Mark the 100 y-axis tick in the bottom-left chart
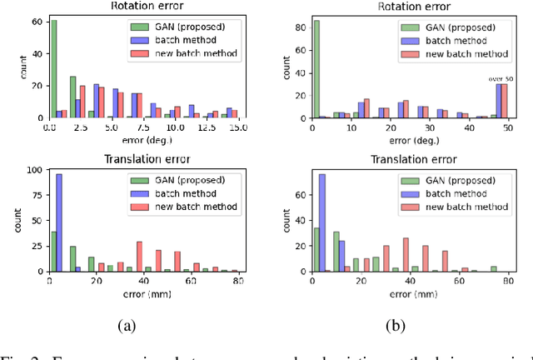point(36,170)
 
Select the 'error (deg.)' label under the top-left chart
point(142,140)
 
